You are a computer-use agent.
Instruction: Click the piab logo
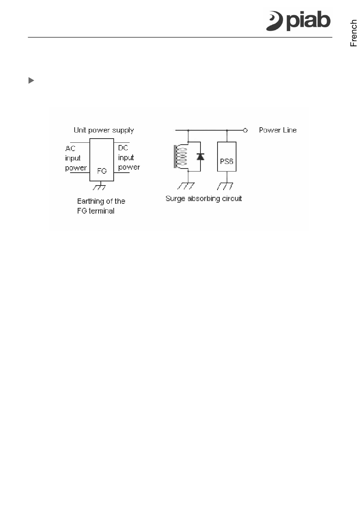click(x=298, y=20)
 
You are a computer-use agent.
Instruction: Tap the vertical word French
click(x=353, y=33)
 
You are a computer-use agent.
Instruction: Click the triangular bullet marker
click(x=31, y=80)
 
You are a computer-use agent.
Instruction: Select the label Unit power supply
click(x=103, y=130)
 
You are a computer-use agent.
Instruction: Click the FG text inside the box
click(x=102, y=171)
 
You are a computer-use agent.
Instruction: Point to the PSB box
click(x=227, y=157)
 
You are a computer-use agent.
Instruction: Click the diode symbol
click(x=200, y=156)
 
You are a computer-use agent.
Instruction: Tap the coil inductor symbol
click(x=181, y=156)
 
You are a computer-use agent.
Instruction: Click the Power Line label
click(x=277, y=130)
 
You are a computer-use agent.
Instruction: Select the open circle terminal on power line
click(x=245, y=130)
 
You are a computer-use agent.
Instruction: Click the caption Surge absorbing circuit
click(x=203, y=198)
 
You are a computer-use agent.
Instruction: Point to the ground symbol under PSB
click(x=226, y=186)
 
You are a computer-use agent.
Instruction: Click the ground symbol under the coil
click(x=186, y=186)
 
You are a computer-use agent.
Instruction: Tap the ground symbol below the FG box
click(x=99, y=187)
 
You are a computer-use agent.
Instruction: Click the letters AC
click(x=70, y=148)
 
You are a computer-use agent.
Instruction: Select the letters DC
click(x=123, y=148)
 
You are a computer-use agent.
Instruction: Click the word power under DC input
click(x=129, y=167)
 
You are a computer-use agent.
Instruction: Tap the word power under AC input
click(x=76, y=168)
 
